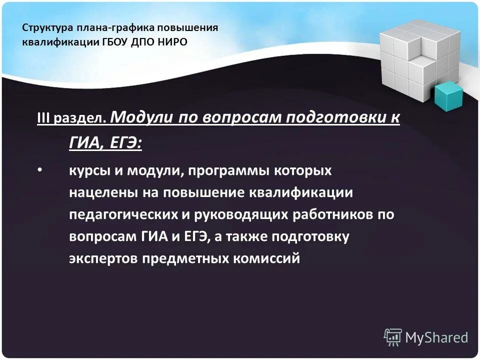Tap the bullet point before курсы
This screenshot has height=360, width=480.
point(40,171)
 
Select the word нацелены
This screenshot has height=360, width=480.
point(97,193)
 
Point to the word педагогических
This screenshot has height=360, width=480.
point(121,215)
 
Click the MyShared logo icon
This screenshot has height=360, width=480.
point(392,337)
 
